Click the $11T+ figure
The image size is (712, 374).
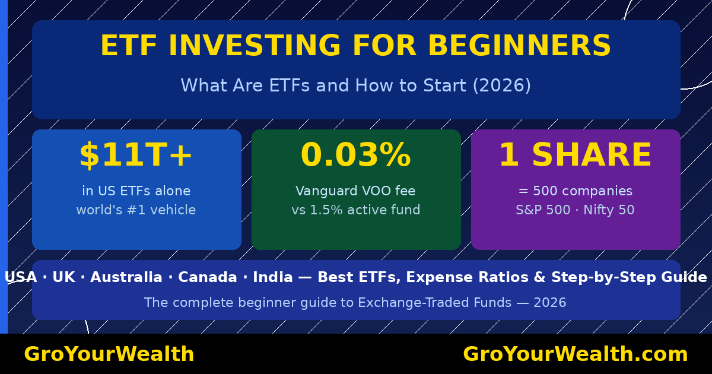point(136,156)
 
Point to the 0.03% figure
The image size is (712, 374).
point(355,156)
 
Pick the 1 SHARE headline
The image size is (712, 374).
point(575,156)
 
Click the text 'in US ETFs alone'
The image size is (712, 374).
point(136,191)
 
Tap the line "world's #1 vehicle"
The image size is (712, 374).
point(136,210)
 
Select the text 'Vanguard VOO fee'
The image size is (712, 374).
point(355,191)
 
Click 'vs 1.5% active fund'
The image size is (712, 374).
point(355,210)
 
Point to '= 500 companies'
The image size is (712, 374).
point(575,191)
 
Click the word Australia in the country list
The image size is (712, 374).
point(126,278)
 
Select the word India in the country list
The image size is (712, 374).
point(272,278)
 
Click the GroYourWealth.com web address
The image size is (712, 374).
point(575,354)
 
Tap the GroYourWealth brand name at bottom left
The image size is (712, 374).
point(109,354)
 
